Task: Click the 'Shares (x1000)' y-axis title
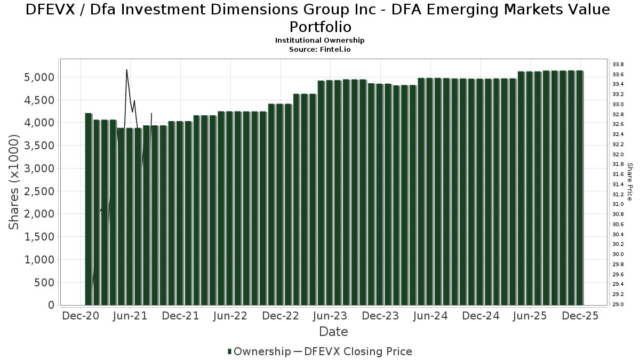15,182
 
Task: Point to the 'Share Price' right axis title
630,182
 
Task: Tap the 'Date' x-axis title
333,332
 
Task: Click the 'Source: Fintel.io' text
319,49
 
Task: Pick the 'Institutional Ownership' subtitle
319,41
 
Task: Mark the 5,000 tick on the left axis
40,77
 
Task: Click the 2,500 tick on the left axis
40,191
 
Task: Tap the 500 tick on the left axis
45,282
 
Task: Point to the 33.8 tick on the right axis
618,64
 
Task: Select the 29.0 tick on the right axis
618,305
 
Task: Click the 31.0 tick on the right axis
618,204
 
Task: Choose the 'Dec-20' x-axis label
81,316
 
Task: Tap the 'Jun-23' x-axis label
331,316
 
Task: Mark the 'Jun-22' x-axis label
230,316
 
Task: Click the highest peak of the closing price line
126,70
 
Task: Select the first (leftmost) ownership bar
89,209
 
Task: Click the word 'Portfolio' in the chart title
319,26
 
